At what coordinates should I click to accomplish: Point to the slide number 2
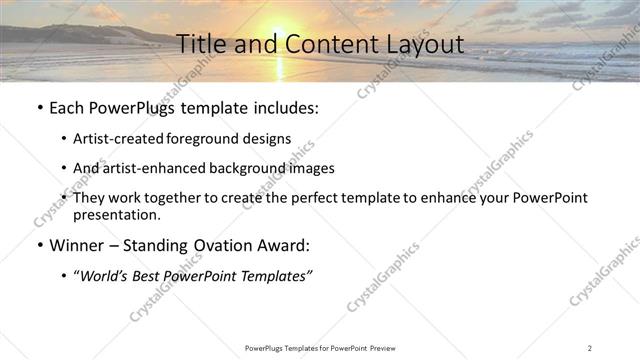pos(590,347)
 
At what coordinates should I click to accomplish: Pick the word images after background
pos(311,168)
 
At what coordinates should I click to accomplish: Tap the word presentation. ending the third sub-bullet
pos(116,215)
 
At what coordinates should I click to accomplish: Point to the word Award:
pos(285,245)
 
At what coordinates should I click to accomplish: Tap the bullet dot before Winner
pos(38,246)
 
